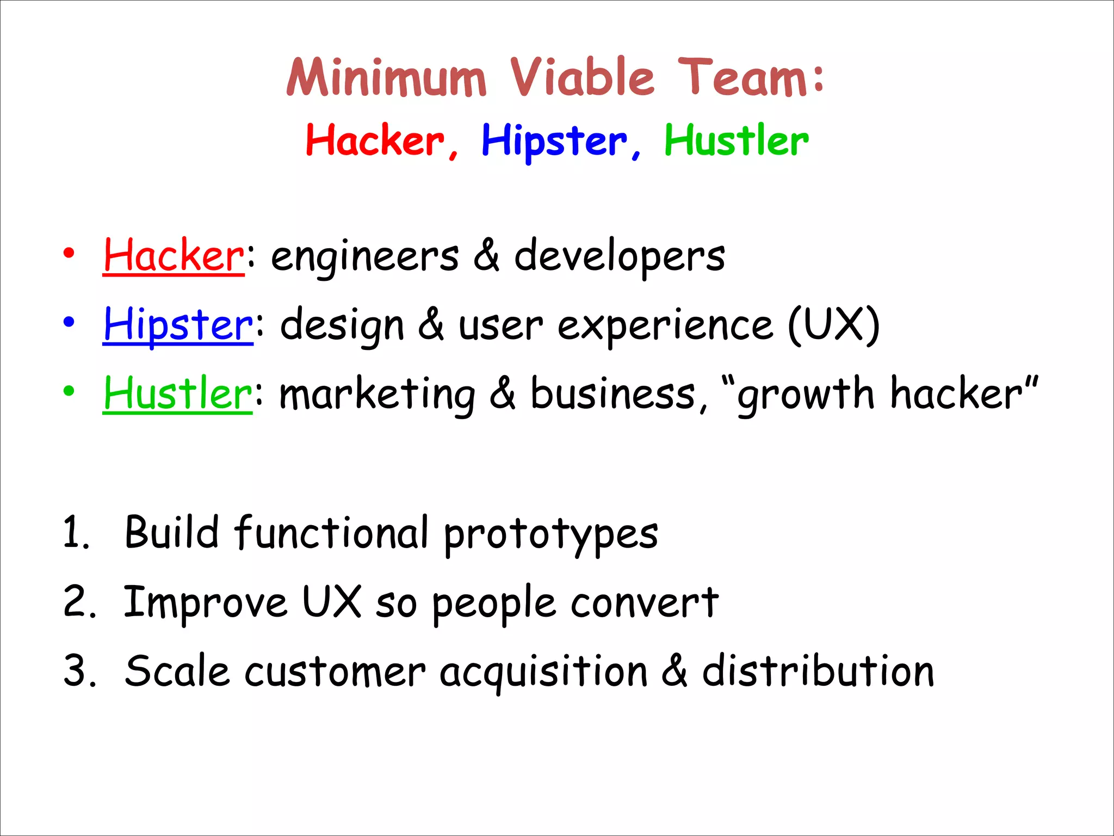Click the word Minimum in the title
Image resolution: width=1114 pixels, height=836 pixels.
click(x=386, y=78)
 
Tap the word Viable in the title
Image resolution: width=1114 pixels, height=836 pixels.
click(x=582, y=78)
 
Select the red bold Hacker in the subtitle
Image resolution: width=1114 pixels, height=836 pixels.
click(x=375, y=140)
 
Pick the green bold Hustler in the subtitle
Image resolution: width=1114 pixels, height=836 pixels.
click(x=737, y=140)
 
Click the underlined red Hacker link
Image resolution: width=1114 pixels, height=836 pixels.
click(x=174, y=256)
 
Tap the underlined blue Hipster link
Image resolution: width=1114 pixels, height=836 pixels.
click(x=178, y=325)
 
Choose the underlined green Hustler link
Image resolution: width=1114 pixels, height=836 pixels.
click(x=177, y=394)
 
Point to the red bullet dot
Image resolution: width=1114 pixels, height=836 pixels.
click(x=69, y=254)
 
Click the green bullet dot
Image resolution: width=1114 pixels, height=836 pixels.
click(x=69, y=391)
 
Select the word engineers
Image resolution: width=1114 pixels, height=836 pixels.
click(x=365, y=257)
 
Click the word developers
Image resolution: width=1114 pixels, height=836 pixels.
click(x=620, y=257)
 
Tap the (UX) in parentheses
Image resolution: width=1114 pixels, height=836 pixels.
click(x=834, y=325)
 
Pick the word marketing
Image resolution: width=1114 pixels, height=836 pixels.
click(x=377, y=395)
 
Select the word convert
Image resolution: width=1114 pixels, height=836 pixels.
click(x=645, y=603)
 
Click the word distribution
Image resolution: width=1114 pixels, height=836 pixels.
click(x=818, y=671)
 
